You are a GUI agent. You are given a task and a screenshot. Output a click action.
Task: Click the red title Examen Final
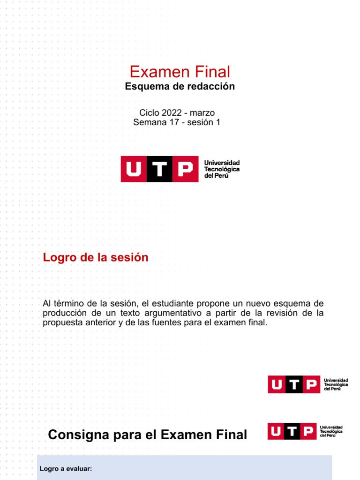(180, 72)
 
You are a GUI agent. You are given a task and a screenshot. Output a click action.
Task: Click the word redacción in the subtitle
(212, 87)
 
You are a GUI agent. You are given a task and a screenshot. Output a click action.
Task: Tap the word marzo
(202, 112)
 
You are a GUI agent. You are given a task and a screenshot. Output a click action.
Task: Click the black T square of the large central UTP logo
(160, 169)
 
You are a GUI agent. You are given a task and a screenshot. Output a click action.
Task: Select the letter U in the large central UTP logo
(134, 169)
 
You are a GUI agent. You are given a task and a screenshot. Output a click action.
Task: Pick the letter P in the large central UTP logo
(186, 169)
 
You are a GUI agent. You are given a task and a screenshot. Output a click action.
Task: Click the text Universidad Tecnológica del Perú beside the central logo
(222, 169)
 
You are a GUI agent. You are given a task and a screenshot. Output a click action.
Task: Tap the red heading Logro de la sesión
(96, 257)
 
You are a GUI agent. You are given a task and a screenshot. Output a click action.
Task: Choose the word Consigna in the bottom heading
(78, 435)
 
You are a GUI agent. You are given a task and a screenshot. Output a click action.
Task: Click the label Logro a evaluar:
(66, 468)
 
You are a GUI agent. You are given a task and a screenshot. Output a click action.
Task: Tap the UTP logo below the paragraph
(307, 384)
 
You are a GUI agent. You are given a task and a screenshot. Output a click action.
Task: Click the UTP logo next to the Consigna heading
(305, 431)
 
